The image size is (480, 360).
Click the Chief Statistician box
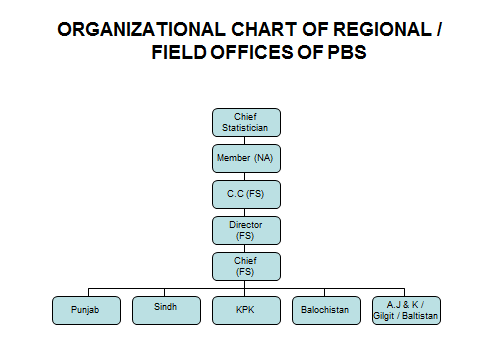click(x=246, y=122)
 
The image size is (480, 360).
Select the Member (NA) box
click(x=246, y=158)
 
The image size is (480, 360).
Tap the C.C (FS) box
click(x=246, y=194)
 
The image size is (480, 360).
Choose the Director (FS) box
click(x=246, y=230)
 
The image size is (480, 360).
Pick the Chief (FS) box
click(x=246, y=266)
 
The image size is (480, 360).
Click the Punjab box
click(x=86, y=310)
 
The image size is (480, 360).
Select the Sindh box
click(x=166, y=310)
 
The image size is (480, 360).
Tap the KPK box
click(x=246, y=310)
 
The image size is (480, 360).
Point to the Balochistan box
click(x=326, y=310)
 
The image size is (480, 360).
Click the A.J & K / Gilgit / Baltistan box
click(x=406, y=310)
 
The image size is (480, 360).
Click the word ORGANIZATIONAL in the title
click(x=141, y=29)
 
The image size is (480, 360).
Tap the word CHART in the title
click(x=264, y=29)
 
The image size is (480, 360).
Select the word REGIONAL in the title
click(x=382, y=29)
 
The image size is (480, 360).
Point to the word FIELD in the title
click(x=179, y=52)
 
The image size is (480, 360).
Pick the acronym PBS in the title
click(x=347, y=52)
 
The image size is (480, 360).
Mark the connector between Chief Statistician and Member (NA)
click(x=244, y=140)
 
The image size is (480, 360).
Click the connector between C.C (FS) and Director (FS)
click(x=244, y=213)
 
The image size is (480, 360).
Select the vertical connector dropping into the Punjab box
click(x=88, y=292)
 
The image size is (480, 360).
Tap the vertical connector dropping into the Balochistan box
click(x=324, y=292)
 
